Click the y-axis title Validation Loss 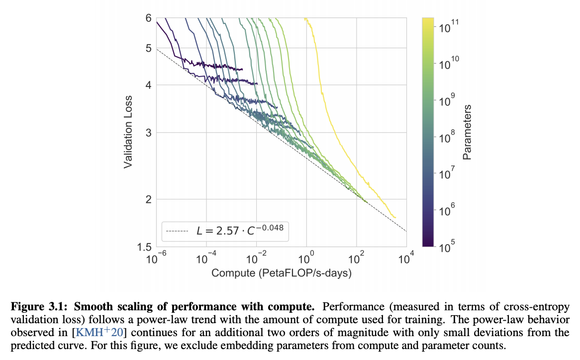128,131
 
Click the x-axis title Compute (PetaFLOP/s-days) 282,273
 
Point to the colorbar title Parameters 467,132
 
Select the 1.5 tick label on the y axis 145,247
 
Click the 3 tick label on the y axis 148,132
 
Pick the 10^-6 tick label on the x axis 157,258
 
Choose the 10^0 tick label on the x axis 307,258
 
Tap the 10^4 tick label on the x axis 407,258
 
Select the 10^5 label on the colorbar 443,245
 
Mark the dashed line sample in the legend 177,231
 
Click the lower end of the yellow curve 395,217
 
